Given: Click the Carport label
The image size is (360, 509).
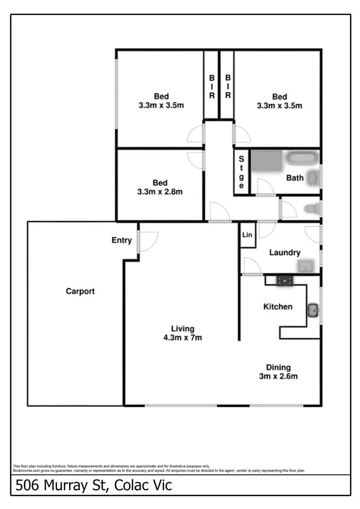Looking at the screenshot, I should click(80, 291).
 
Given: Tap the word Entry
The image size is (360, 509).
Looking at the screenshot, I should click(122, 240).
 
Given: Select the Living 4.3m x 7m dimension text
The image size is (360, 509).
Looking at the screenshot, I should click(182, 337).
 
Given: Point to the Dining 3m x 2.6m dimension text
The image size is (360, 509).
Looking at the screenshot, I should click(278, 376).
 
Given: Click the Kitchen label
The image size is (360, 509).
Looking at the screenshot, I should click(278, 307).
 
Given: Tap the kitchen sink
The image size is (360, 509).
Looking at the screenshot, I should click(313, 310).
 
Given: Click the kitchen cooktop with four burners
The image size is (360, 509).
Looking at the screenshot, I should click(285, 281).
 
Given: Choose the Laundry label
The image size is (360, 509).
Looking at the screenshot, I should click(285, 253).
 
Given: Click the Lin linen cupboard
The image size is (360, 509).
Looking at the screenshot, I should click(247, 235).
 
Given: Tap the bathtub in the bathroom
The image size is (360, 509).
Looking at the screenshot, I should click(302, 158).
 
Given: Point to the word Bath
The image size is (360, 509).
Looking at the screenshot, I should click(295, 178).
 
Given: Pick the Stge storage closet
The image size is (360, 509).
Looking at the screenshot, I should click(241, 172).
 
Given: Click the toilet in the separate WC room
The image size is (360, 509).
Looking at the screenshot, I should click(312, 208).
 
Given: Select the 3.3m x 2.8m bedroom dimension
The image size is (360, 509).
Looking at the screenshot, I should click(160, 192).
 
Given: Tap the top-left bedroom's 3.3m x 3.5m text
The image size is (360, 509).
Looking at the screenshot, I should click(161, 106).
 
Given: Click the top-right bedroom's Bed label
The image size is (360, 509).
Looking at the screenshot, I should click(279, 97).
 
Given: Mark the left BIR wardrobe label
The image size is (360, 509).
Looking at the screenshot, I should click(212, 87).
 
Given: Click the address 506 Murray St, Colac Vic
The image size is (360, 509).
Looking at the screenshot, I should click(94, 485).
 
